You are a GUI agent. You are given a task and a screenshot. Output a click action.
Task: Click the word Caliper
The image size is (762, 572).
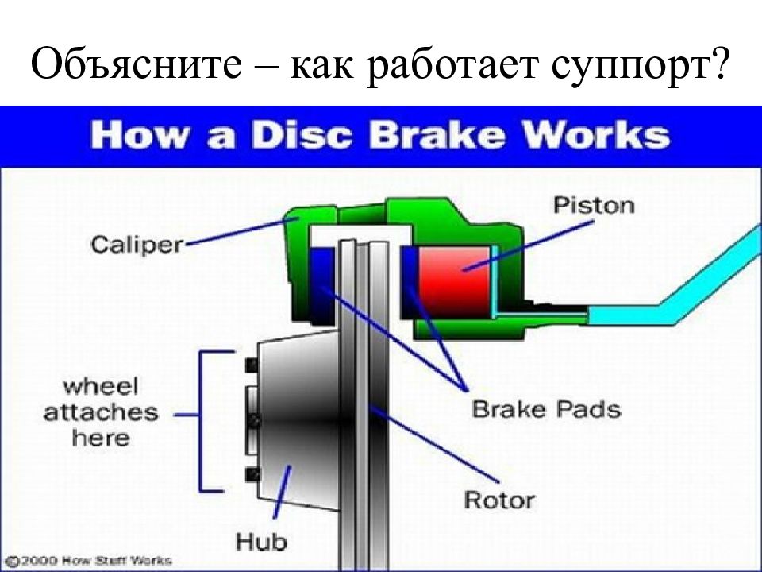(137, 244)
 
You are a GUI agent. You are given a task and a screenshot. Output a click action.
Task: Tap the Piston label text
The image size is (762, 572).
(594, 205)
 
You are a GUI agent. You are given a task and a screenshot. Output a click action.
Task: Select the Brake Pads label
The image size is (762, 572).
(546, 409)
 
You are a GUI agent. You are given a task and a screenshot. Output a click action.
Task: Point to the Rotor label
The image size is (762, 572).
(499, 500)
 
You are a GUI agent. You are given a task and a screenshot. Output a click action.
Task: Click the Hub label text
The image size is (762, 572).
(261, 542)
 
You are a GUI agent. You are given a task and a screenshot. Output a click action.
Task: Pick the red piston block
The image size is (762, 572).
(454, 281)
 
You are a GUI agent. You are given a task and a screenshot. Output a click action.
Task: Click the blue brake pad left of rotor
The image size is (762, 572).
(322, 285)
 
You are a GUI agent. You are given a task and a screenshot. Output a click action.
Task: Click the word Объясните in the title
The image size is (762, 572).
(137, 64)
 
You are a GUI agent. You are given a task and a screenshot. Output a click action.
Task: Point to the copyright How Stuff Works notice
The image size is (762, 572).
(90, 561)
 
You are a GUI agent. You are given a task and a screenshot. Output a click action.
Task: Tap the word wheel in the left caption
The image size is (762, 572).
(101, 387)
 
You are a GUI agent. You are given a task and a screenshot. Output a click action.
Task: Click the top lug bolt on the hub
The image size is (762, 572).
(252, 365)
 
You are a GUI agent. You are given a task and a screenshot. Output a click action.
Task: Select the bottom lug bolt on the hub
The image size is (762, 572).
(252, 474)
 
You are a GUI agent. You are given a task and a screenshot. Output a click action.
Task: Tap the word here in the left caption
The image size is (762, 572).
(101, 438)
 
